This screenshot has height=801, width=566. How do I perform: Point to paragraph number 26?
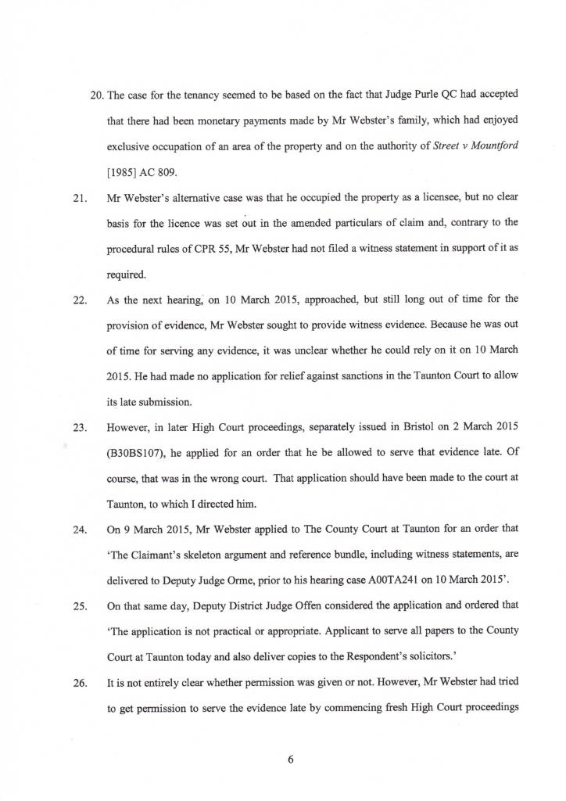tap(78, 683)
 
